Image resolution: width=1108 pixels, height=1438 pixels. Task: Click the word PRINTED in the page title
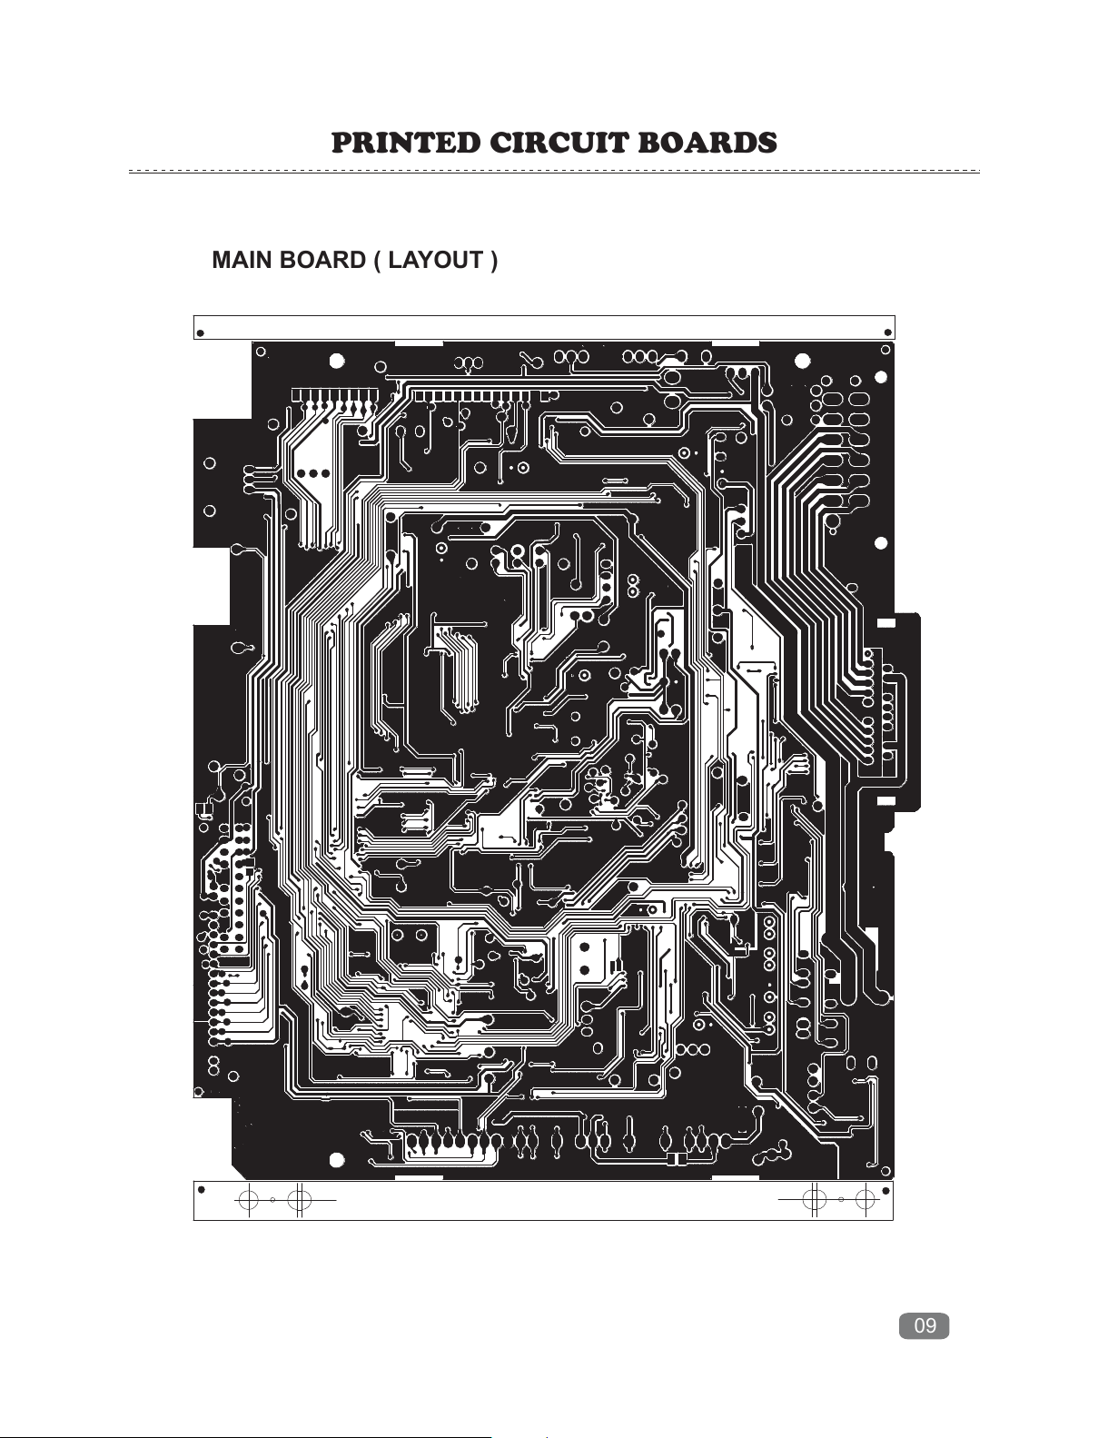pyautogui.click(x=406, y=143)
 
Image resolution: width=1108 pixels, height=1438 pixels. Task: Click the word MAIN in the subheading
pyautogui.click(x=242, y=260)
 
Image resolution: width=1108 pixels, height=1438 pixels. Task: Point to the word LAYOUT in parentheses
pyautogui.click(x=436, y=260)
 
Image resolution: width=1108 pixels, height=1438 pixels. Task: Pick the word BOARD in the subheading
pyautogui.click(x=322, y=260)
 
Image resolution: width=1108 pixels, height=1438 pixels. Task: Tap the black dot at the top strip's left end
pyautogui.click(x=201, y=333)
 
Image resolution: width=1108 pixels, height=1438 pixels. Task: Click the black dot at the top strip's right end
pyautogui.click(x=887, y=333)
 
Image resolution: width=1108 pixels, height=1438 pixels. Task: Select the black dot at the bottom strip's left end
pyautogui.click(x=202, y=1190)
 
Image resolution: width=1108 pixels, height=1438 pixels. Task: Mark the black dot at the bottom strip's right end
pyautogui.click(x=885, y=1191)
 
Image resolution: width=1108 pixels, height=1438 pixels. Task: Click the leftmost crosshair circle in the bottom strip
pyautogui.click(x=247, y=1199)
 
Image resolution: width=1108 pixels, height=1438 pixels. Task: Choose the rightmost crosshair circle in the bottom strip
pyautogui.click(x=865, y=1198)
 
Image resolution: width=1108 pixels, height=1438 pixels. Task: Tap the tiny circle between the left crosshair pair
pyautogui.click(x=272, y=1200)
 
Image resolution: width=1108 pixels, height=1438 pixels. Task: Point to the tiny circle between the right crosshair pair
pyautogui.click(x=840, y=1199)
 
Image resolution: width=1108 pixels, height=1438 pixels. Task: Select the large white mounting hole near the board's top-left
pyautogui.click(x=337, y=362)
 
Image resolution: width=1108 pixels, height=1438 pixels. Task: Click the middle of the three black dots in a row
pyautogui.click(x=313, y=473)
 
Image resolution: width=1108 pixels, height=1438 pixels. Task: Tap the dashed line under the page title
pyautogui.click(x=554, y=172)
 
